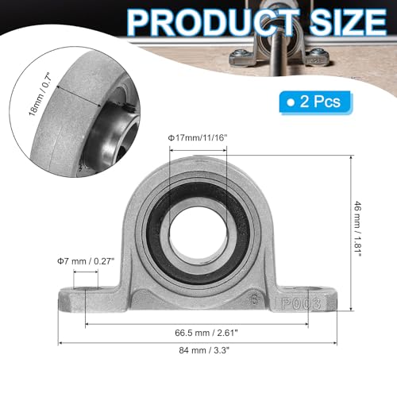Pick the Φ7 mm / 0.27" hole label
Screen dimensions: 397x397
click(x=86, y=261)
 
